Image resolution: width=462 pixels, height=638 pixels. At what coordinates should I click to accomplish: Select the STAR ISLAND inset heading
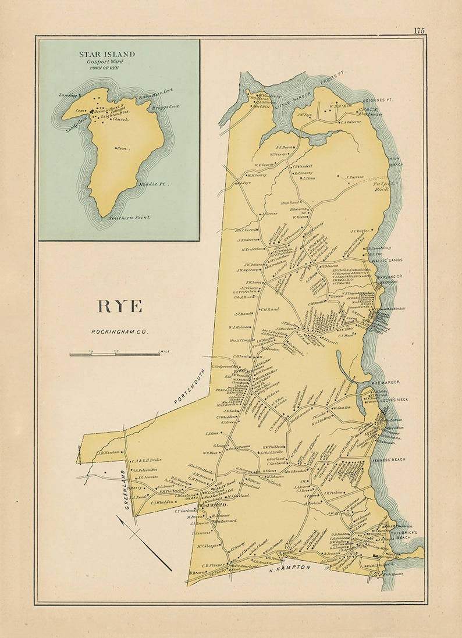tap(107, 54)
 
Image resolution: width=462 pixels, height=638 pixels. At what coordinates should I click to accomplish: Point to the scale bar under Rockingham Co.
tap(115, 353)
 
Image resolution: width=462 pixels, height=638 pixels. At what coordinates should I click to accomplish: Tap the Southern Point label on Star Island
tap(129, 218)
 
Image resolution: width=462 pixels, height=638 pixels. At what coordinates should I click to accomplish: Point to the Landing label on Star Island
tap(68, 94)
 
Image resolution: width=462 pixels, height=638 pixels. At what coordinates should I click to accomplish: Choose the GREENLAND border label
tap(125, 489)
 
